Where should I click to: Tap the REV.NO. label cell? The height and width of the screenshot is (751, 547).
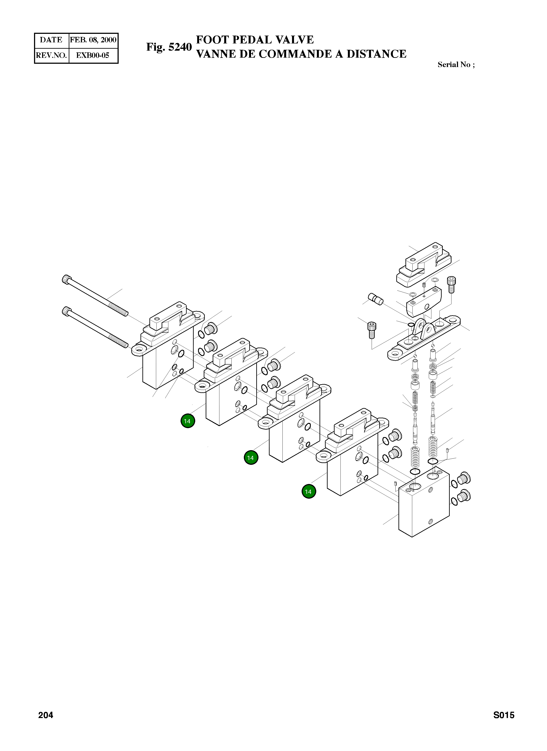pyautogui.click(x=51, y=55)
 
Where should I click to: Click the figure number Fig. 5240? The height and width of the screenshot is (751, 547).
pyautogui.click(x=169, y=47)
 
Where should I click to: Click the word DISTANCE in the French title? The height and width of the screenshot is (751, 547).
pyautogui.click(x=376, y=54)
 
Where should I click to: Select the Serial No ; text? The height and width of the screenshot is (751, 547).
pyautogui.click(x=456, y=65)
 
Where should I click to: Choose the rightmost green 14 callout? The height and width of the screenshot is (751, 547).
pyautogui.click(x=309, y=491)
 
